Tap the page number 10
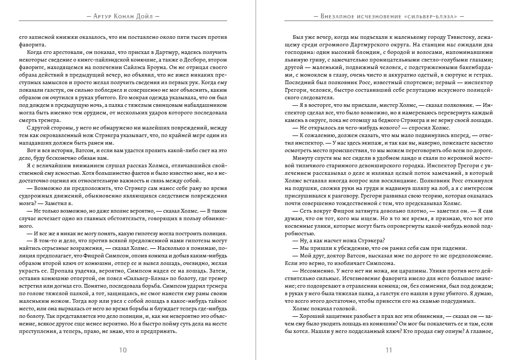(x=123, y=350)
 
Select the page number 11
(x=388, y=350)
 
